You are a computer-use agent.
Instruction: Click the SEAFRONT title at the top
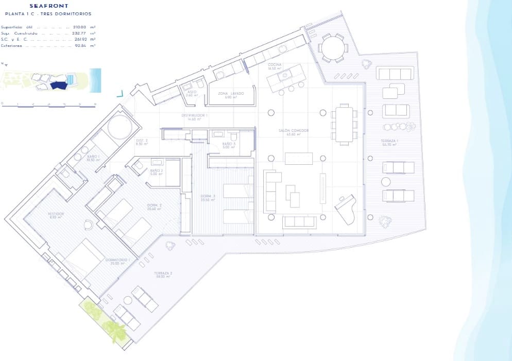click(x=49, y=6)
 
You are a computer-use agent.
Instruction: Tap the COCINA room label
click(x=275, y=64)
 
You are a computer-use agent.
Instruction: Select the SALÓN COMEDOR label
click(x=294, y=131)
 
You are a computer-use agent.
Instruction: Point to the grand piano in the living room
click(x=346, y=209)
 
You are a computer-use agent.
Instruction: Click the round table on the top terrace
click(x=332, y=48)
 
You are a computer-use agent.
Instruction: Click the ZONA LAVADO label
click(x=230, y=93)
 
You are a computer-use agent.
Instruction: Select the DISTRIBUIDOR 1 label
click(x=194, y=115)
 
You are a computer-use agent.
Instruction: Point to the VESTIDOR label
click(x=56, y=214)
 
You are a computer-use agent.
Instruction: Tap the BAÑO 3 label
click(x=229, y=144)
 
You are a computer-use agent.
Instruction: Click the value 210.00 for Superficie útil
click(x=80, y=27)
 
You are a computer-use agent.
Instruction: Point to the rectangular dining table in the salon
click(x=344, y=124)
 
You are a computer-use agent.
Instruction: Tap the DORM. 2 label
click(x=155, y=206)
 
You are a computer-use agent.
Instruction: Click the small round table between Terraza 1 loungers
click(x=386, y=182)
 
